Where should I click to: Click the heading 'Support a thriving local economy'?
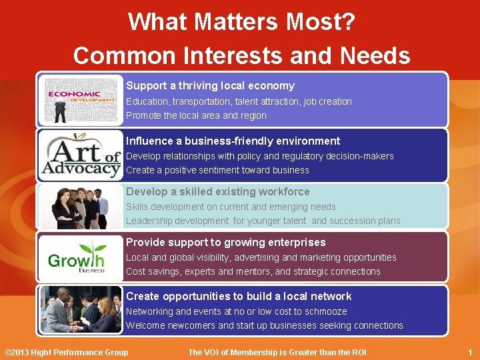pyautogui.click(x=210, y=85)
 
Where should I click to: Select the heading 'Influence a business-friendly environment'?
pyautogui.click(x=233, y=141)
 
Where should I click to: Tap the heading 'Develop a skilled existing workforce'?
pyautogui.click(x=218, y=191)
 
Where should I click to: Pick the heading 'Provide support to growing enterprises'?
pyautogui.click(x=225, y=242)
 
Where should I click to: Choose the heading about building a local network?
pyautogui.click(x=239, y=296)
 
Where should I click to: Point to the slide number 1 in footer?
pyautogui.click(x=470, y=352)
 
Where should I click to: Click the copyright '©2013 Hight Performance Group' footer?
pyautogui.click(x=67, y=352)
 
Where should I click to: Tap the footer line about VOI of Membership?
pyautogui.click(x=277, y=352)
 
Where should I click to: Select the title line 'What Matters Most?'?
pyautogui.click(x=241, y=22)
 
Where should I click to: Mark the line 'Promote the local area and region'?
pyautogui.click(x=196, y=115)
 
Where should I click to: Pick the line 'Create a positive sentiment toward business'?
pyautogui.click(x=217, y=170)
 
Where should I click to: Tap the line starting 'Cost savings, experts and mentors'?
pyautogui.click(x=253, y=271)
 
